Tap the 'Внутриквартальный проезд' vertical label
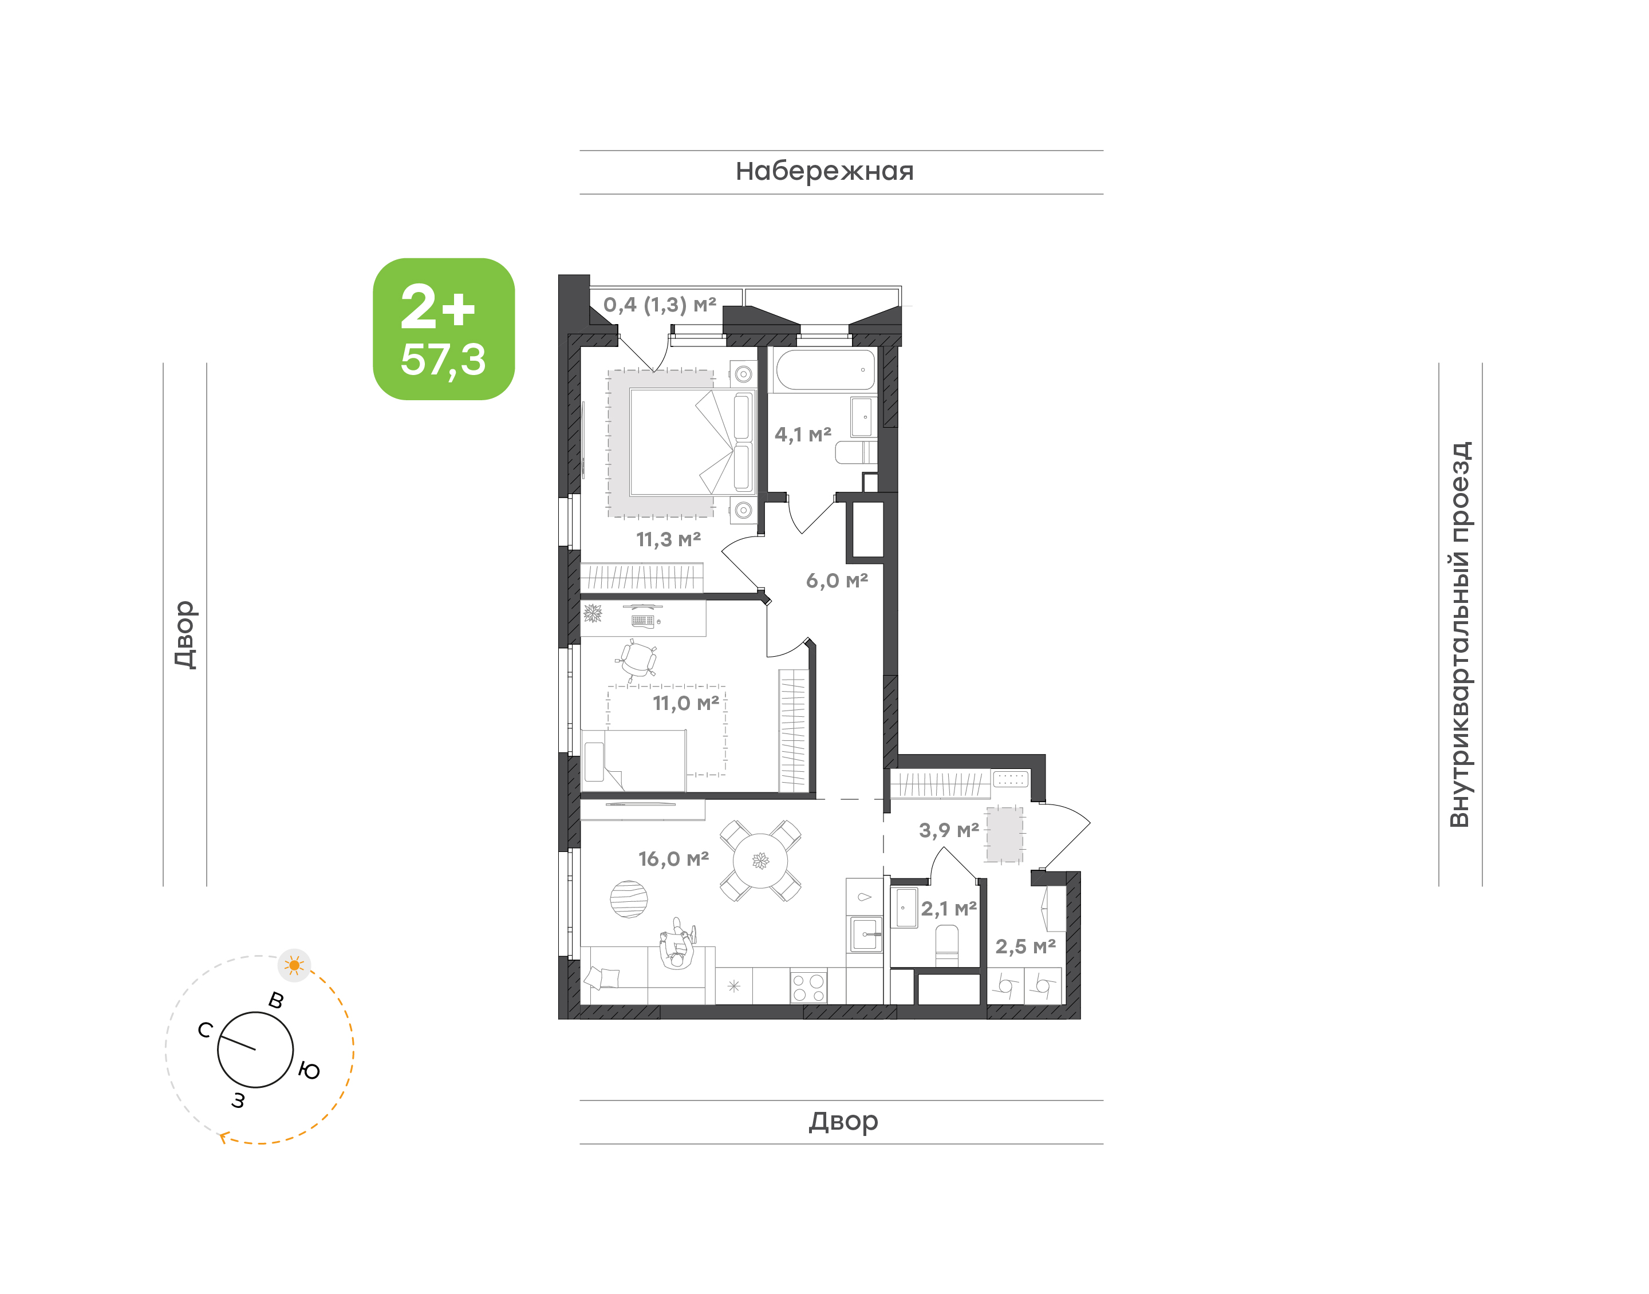[1459, 634]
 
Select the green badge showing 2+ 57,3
[443, 329]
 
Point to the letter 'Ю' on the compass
[309, 1071]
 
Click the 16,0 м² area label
[673, 858]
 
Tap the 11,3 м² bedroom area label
[668, 539]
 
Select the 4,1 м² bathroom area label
[803, 434]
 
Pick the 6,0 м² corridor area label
[837, 581]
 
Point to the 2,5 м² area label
[1025, 946]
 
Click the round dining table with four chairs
[760, 861]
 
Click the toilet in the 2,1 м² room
[947, 945]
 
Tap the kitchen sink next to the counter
[866, 934]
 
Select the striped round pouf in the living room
[629, 900]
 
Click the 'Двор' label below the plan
[843, 1121]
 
